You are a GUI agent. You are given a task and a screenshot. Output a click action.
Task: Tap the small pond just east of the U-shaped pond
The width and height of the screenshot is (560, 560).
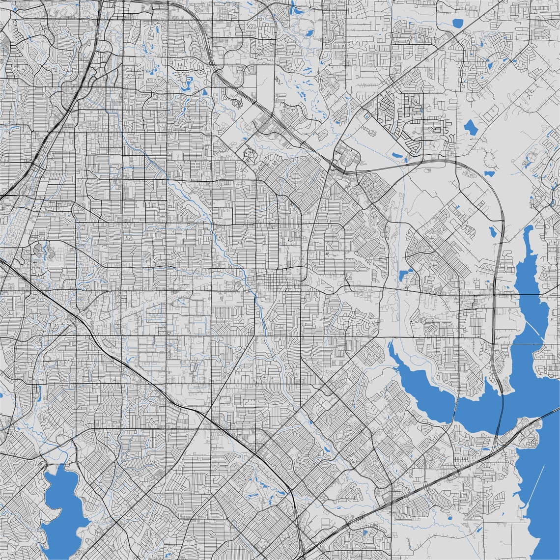204,92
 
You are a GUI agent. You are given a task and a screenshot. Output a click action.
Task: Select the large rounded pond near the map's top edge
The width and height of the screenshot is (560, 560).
458,23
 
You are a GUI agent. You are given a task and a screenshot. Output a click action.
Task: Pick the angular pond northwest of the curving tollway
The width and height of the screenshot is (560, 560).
470,127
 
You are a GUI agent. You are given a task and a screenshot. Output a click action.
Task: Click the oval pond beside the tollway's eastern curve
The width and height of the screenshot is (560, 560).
492,231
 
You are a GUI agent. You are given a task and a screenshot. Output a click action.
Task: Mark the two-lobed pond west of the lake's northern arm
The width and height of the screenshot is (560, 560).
406,275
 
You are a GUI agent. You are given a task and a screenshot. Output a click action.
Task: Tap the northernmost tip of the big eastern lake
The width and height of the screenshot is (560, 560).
528,229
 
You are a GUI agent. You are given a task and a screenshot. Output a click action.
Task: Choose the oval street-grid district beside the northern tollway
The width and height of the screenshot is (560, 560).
349,157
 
